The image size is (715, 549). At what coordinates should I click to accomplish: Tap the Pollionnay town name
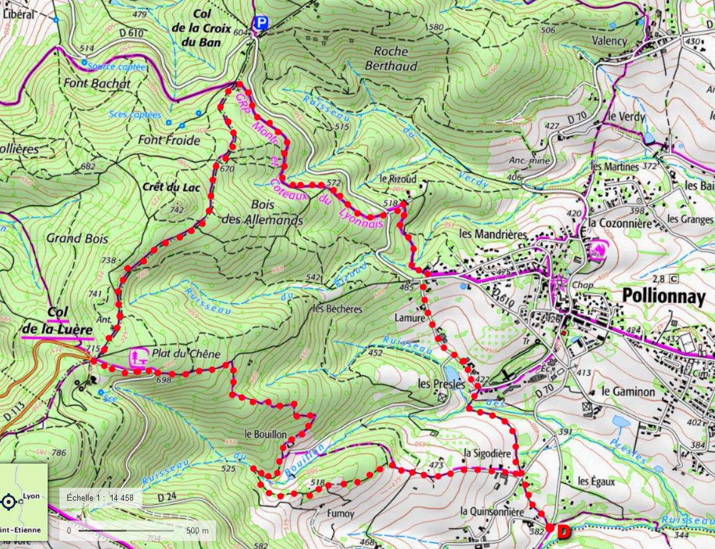point(663,298)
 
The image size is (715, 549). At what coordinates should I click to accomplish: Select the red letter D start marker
point(563,532)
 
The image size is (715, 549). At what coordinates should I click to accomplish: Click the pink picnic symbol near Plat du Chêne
point(137,357)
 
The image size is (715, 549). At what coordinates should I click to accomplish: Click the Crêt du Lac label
point(171,187)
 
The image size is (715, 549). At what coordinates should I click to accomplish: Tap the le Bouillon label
point(266,434)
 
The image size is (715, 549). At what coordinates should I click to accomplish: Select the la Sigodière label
point(487,452)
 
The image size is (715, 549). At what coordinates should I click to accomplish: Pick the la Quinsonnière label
point(492,512)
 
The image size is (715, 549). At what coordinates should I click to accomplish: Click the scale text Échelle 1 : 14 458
point(100,498)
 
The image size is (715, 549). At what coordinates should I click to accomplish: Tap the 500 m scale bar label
point(197,530)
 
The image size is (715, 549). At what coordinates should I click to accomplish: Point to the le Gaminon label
point(628,392)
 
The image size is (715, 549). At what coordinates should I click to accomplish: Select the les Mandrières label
point(493,235)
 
